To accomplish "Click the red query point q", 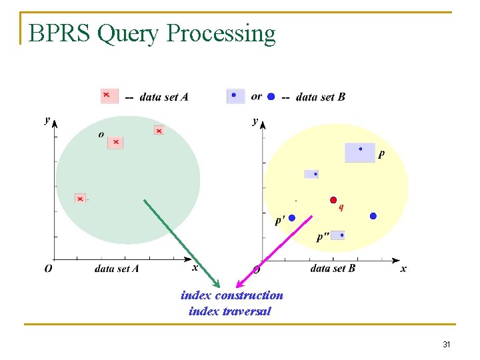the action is point(333,199).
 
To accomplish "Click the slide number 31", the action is point(447,345).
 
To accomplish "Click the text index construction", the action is point(231,295).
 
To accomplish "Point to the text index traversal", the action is point(230,311).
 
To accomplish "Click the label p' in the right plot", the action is point(280,220).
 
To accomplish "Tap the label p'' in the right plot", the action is point(322,237).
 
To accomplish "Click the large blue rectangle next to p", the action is point(360,153).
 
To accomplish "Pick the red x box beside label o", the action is point(115,142).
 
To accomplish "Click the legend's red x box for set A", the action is point(109,96).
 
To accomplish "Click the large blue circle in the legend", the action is point(271,97).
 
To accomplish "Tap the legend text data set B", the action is point(320,97).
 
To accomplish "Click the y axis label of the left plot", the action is point(47,119).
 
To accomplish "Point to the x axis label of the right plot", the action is point(403,269).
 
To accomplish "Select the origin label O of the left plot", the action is point(48,269).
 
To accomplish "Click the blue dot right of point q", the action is point(373,216).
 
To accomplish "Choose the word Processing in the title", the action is point(223,33).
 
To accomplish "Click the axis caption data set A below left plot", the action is point(117,269).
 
